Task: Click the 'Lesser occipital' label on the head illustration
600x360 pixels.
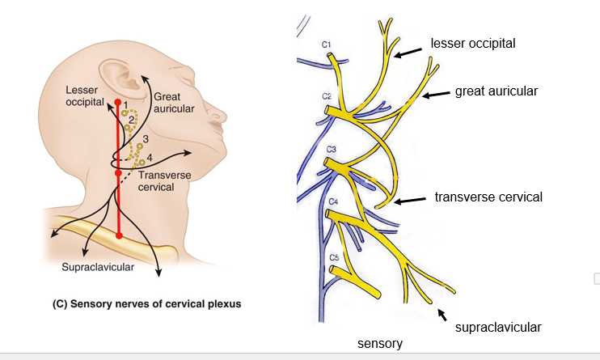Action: tap(85, 95)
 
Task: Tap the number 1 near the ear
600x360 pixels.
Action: tap(127, 104)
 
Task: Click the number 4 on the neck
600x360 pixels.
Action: tap(150, 156)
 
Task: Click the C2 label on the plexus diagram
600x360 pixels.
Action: tap(327, 96)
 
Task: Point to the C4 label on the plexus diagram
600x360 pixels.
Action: tap(331, 201)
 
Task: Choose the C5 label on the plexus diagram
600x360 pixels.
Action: tap(334, 257)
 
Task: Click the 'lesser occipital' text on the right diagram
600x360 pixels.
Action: tap(473, 42)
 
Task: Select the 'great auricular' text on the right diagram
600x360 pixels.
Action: tap(496, 91)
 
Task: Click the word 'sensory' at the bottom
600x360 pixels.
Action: tap(380, 344)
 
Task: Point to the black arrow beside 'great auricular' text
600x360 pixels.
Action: tap(437, 95)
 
